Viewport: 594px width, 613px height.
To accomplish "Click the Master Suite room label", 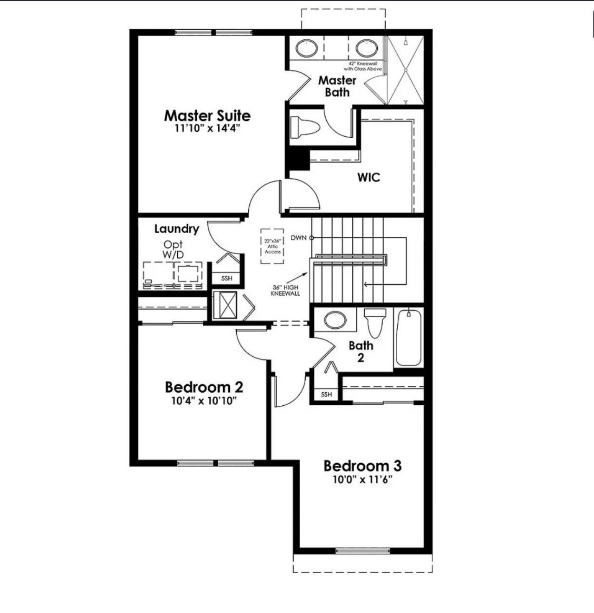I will pyautogui.click(x=207, y=115).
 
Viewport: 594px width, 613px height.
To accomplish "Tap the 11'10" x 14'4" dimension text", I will pyautogui.click(x=207, y=128).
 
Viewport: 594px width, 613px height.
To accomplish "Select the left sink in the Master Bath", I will pyautogui.click(x=307, y=48).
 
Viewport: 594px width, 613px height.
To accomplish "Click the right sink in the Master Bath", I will pyautogui.click(x=367, y=48).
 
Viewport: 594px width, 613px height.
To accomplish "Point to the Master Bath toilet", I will pyautogui.click(x=305, y=127).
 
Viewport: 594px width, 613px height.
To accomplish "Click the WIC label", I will pyautogui.click(x=368, y=177).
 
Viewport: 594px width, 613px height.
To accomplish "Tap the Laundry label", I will pyautogui.click(x=176, y=229).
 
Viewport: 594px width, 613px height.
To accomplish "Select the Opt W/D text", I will pyautogui.click(x=173, y=249).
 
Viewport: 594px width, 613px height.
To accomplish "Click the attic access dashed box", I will pyautogui.click(x=273, y=246).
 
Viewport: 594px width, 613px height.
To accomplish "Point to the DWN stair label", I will pyautogui.click(x=299, y=238).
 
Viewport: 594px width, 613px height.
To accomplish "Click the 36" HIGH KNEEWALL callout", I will pyautogui.click(x=285, y=290).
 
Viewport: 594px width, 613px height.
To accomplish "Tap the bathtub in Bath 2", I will pyautogui.click(x=408, y=337).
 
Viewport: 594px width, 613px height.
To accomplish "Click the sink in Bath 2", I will pyautogui.click(x=335, y=320).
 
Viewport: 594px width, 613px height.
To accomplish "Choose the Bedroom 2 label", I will pyautogui.click(x=204, y=387).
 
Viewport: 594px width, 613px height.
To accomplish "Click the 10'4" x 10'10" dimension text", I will pyautogui.click(x=204, y=400).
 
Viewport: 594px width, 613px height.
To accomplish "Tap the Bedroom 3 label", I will pyautogui.click(x=362, y=466).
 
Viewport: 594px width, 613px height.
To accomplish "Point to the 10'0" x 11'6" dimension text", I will pyautogui.click(x=362, y=479).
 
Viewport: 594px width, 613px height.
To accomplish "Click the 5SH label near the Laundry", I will pyautogui.click(x=226, y=279).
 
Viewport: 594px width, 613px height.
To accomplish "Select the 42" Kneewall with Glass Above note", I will pyautogui.click(x=366, y=66).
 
